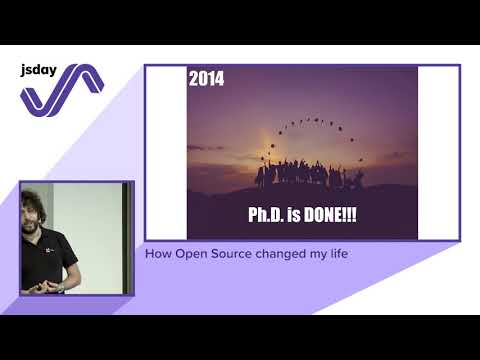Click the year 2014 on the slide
click(207, 79)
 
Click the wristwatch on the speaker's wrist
click(60, 287)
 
